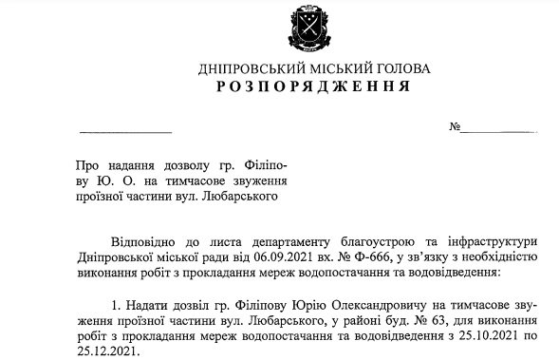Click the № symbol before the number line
(456, 127)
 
